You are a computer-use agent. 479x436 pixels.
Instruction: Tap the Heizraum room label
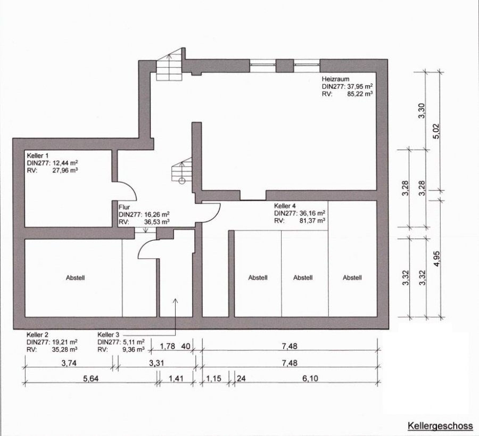[x=335, y=79]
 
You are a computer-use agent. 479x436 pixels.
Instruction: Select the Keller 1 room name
[x=38, y=155]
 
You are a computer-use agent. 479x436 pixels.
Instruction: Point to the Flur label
[x=125, y=207]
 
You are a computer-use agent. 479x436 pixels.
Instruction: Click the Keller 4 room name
[x=285, y=205]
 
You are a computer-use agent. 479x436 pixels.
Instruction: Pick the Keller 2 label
[x=37, y=335]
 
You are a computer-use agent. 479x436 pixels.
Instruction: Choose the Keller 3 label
[x=108, y=335]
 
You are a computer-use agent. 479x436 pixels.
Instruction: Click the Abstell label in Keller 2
[x=75, y=278]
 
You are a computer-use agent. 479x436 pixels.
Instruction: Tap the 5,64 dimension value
[x=91, y=379]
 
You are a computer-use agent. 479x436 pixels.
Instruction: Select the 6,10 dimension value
[x=310, y=379]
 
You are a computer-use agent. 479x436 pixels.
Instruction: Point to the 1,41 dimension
[x=176, y=379]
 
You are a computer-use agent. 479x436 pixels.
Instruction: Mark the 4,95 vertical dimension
[x=437, y=259]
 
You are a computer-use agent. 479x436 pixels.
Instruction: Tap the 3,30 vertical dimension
[x=422, y=111]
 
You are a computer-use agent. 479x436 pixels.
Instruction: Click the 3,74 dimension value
[x=69, y=363]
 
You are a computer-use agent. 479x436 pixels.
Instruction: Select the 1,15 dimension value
[x=213, y=379]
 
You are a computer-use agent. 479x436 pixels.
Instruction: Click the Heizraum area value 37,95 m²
[x=359, y=86]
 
